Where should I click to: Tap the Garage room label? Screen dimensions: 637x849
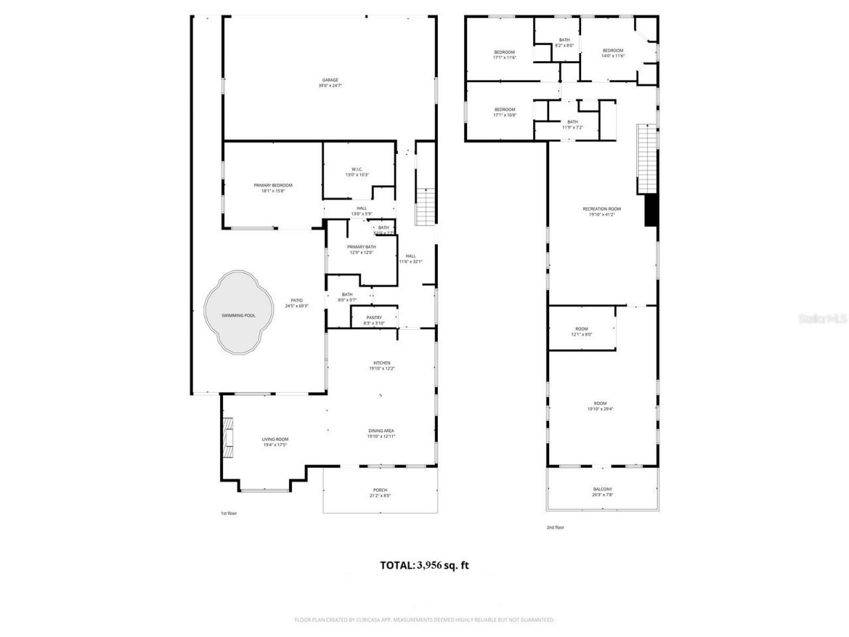(330, 83)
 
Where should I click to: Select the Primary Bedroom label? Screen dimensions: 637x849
(273, 188)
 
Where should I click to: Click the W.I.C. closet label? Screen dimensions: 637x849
(356, 171)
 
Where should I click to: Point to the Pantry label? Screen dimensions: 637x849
(374, 320)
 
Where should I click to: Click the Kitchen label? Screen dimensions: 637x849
(381, 366)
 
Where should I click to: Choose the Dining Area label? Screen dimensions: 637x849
(381, 433)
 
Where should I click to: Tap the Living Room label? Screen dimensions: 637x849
(275, 442)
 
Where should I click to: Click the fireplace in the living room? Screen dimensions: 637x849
(228, 438)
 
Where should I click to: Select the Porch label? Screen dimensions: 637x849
(380, 492)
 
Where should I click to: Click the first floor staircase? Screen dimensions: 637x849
(424, 206)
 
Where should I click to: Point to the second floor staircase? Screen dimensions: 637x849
(646, 158)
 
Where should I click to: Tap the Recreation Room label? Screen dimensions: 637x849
(602, 212)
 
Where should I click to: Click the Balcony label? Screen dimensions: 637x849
(602, 492)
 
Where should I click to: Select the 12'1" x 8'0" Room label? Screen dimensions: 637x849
(582, 332)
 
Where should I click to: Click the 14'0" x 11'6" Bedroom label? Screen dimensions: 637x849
(613, 53)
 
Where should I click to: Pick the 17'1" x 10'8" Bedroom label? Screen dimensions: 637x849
(504, 112)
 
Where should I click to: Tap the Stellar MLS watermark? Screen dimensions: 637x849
(822, 318)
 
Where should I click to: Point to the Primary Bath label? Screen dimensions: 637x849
(361, 249)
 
